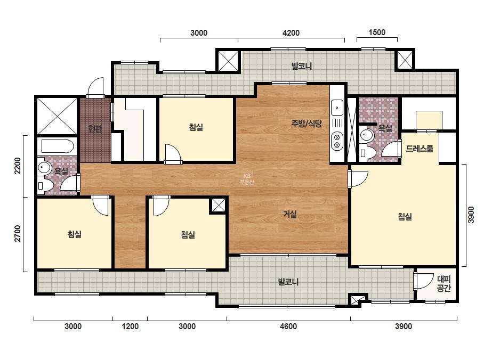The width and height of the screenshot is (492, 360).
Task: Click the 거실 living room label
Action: [x=289, y=214]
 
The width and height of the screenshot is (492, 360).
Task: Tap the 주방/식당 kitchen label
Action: [x=307, y=123]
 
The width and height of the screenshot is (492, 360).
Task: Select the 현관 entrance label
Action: [x=95, y=128]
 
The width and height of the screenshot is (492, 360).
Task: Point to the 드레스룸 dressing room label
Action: [x=420, y=149]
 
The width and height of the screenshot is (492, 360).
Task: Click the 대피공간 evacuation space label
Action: [x=444, y=283]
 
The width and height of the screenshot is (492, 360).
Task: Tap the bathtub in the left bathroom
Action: [x=58, y=146]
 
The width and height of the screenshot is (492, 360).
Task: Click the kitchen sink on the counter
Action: [x=337, y=108]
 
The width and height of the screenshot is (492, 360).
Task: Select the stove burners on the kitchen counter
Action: [x=337, y=141]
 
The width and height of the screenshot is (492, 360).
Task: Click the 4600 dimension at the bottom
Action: [x=288, y=326]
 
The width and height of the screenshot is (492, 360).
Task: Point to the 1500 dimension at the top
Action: [x=377, y=32]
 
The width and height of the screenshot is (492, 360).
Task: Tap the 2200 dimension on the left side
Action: [x=18, y=166]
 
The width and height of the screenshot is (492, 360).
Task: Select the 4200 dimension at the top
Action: [x=291, y=32]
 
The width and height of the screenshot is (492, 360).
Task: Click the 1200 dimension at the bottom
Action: [x=130, y=326]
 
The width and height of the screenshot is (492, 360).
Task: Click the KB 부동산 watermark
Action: [x=247, y=179]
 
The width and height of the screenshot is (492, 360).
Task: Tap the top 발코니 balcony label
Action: [x=302, y=66]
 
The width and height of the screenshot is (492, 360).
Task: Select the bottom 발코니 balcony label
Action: [x=288, y=282]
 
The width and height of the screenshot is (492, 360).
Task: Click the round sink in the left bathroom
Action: [x=44, y=167]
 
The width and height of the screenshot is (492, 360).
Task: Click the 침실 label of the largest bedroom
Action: [x=405, y=216]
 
